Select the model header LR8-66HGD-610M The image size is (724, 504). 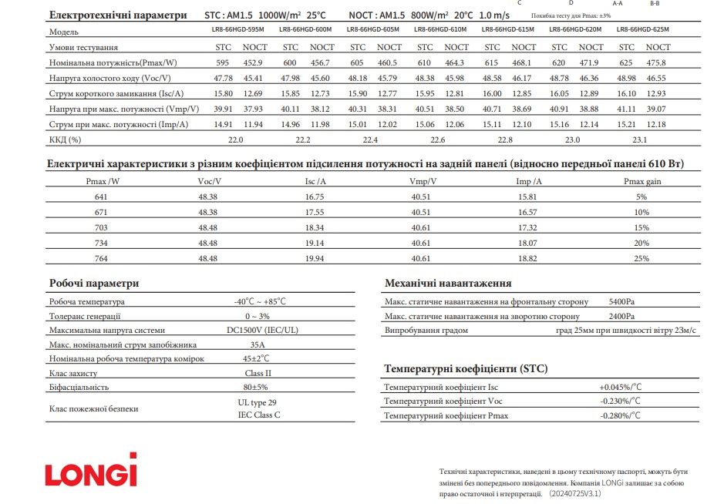tap(439, 29)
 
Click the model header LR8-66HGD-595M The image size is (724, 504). tap(237, 29)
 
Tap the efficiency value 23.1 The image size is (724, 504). tap(639, 139)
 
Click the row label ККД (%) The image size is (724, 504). tap(65, 139)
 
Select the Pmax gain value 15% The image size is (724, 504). tap(642, 227)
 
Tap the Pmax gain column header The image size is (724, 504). tap(642, 181)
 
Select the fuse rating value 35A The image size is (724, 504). tap(258, 344)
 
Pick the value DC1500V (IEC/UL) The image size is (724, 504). tap(258, 330)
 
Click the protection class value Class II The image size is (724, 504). tap(258, 372)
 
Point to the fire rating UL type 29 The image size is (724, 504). tap(258, 402)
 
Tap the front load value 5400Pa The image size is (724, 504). tap(621, 301)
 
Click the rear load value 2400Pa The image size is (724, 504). tap(621, 316)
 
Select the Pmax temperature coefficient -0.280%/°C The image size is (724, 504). tap(621, 415)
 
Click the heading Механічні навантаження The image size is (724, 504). tap(447, 283)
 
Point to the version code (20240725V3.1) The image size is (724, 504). tap(574, 492)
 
